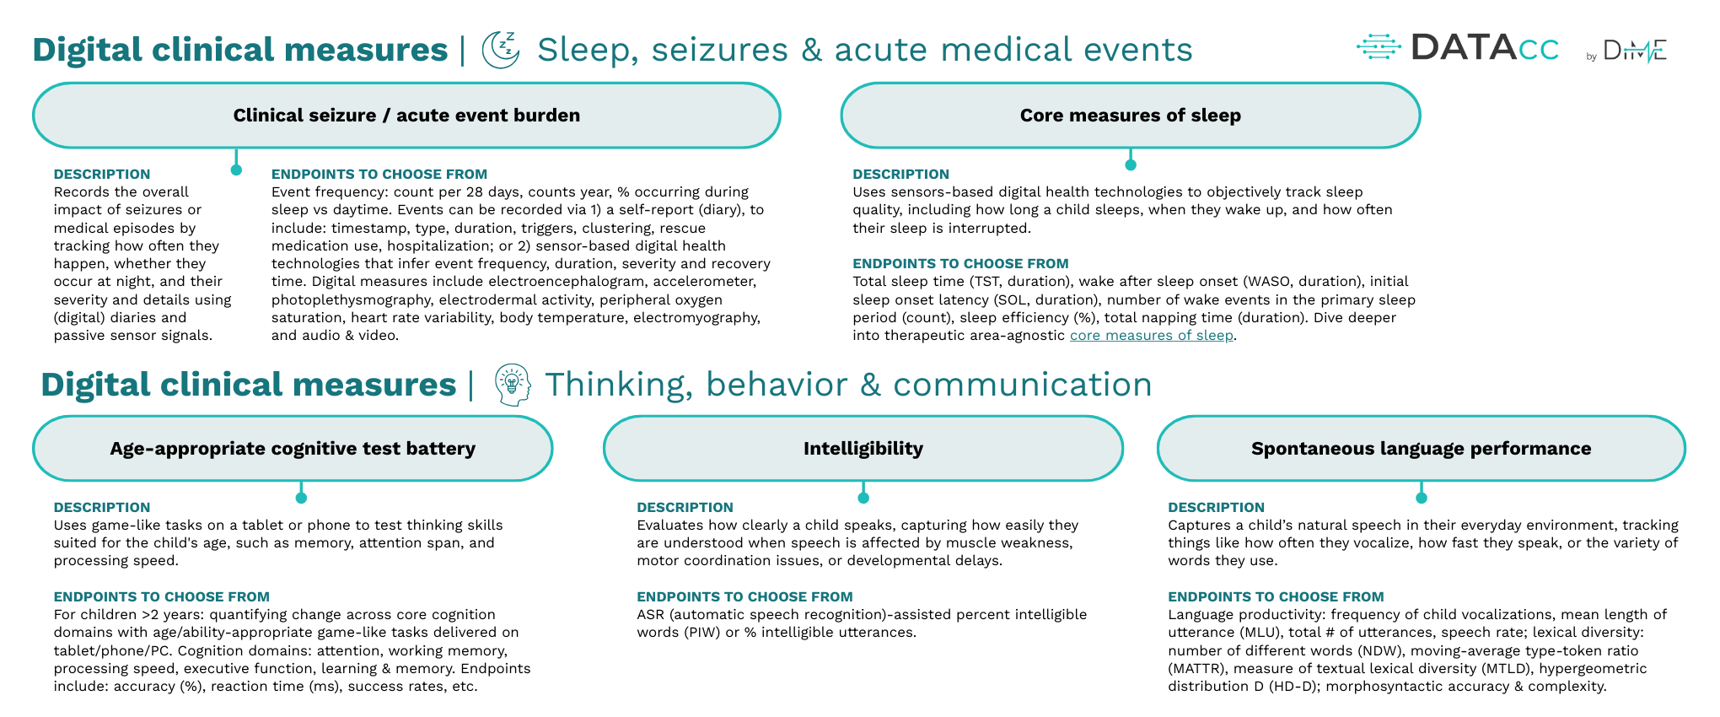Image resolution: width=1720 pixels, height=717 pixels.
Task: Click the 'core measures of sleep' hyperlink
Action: point(1151,336)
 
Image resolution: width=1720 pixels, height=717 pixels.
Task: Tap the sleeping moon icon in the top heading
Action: point(501,50)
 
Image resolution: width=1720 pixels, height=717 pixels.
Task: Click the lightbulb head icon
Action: point(512,385)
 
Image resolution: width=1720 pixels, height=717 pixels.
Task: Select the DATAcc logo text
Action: point(1484,48)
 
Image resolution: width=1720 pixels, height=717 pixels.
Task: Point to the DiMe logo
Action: point(1633,51)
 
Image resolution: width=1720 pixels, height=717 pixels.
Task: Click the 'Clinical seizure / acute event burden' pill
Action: point(406,116)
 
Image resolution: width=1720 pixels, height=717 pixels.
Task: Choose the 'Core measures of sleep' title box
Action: point(1130,116)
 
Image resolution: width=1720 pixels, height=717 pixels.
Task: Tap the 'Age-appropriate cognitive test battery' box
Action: point(293,449)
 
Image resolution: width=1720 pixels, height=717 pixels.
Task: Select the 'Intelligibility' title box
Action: point(863,449)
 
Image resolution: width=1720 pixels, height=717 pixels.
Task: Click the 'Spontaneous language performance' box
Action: point(1421,449)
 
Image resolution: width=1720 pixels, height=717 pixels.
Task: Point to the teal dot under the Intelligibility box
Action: point(863,498)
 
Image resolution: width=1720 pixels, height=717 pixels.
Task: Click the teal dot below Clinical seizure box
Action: point(236,170)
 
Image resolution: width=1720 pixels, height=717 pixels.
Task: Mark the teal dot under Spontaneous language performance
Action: point(1421,498)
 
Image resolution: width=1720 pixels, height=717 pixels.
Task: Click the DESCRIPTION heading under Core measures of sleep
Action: point(900,175)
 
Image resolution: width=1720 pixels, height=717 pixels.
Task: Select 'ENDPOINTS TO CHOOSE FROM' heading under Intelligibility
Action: point(744,597)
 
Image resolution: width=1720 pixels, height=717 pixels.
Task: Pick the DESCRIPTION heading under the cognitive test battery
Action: point(102,508)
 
